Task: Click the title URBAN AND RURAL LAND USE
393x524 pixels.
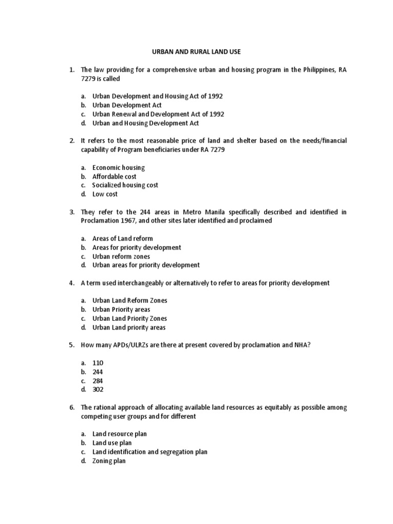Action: click(x=197, y=52)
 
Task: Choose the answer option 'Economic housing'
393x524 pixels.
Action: click(x=118, y=167)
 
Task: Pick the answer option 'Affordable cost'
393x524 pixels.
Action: click(x=114, y=177)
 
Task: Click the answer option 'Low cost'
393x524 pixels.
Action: click(x=105, y=194)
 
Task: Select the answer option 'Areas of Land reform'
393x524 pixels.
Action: click(x=122, y=238)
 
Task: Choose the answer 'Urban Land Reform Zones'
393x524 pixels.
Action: click(x=129, y=300)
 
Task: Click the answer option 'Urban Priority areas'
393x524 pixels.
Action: click(x=121, y=310)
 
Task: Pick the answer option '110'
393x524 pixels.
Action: click(x=98, y=363)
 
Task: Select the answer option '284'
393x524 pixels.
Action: click(x=98, y=381)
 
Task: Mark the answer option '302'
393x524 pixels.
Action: click(x=98, y=389)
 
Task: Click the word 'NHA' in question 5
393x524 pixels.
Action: click(x=300, y=345)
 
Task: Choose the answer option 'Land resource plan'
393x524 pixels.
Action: click(x=119, y=434)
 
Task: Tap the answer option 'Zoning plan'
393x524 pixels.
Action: click(x=108, y=461)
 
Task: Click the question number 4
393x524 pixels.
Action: click(x=72, y=283)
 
